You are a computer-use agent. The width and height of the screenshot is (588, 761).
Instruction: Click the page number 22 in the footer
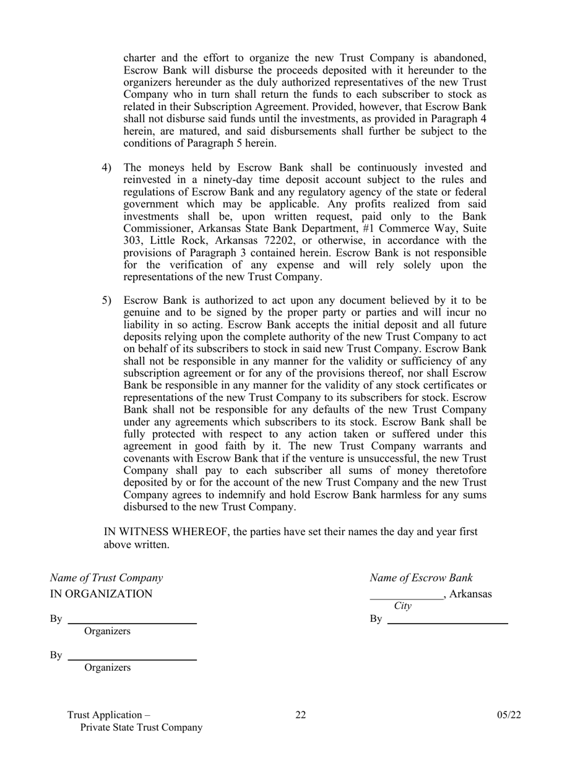[x=300, y=715]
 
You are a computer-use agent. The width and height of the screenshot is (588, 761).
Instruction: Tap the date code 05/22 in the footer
[x=509, y=715]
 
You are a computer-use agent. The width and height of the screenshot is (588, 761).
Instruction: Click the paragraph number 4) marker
[x=107, y=168]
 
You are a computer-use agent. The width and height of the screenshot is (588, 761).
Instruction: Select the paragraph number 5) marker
[x=107, y=301]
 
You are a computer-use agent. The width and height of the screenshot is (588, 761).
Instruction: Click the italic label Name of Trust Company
[x=106, y=578]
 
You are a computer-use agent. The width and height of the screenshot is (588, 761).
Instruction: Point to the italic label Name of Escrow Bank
[x=421, y=578]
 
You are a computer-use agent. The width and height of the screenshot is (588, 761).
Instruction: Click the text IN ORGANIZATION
[x=101, y=594]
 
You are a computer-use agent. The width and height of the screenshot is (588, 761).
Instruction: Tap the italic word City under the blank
[x=402, y=606]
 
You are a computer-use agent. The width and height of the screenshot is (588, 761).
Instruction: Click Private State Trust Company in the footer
[x=141, y=728]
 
